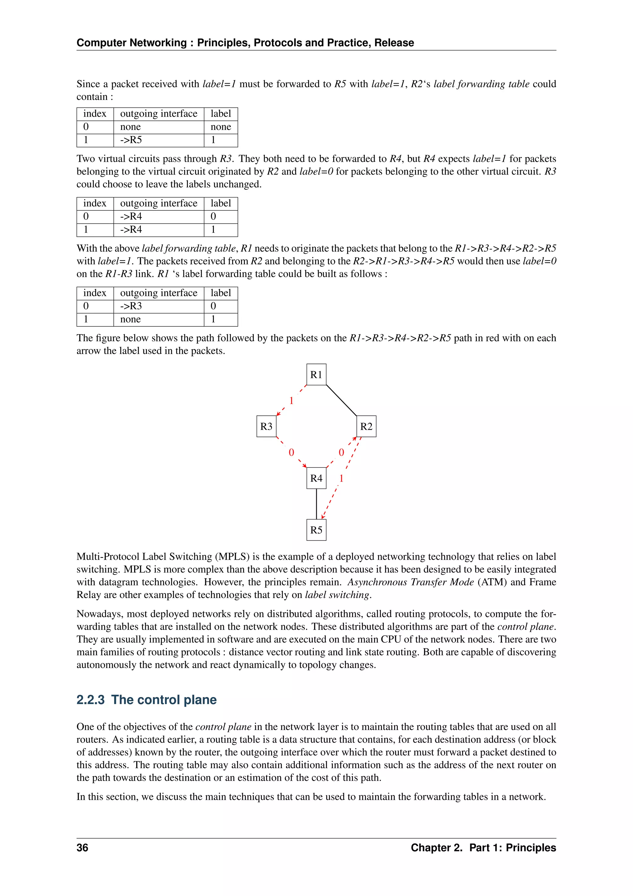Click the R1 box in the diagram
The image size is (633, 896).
(x=316, y=375)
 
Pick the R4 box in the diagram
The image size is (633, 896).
(x=316, y=478)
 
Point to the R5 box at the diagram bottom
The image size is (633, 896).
(x=316, y=530)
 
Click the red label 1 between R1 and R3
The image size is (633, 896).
(x=291, y=400)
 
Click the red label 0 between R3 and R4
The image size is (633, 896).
(x=291, y=452)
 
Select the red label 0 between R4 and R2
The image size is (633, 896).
(x=342, y=452)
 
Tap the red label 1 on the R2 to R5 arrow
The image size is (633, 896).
(x=342, y=478)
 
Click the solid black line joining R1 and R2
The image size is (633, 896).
(x=342, y=400)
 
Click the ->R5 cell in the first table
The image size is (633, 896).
(x=131, y=140)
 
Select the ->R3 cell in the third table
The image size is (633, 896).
(x=131, y=306)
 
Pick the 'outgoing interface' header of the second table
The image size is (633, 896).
(x=159, y=203)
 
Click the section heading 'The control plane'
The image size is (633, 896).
(x=164, y=700)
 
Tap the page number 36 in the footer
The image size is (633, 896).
(x=82, y=848)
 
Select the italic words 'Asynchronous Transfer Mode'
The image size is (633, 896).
(x=410, y=582)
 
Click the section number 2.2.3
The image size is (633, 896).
(x=91, y=700)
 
